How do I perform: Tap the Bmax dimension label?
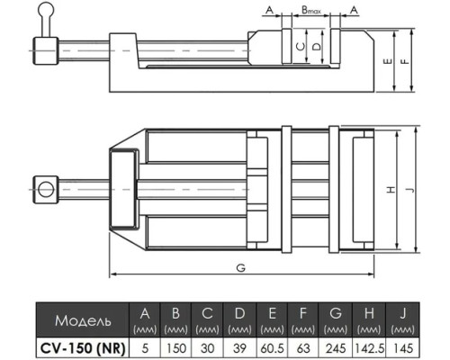311,11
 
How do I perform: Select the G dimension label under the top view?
241,268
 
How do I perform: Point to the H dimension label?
391,190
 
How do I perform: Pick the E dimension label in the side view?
388,61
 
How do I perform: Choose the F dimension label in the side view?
405,61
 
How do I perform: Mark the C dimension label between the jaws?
301,47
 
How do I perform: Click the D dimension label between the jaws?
317,47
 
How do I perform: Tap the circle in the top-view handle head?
46,190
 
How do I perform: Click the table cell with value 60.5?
272,348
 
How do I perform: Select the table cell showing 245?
336,348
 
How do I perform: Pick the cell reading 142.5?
369,348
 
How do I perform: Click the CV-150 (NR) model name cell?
83,348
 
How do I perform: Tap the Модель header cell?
83,320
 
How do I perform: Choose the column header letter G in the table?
336,313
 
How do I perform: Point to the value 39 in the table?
239,348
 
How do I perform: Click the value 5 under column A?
145,348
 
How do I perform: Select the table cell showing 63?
303,348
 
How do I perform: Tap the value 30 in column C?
207,348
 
